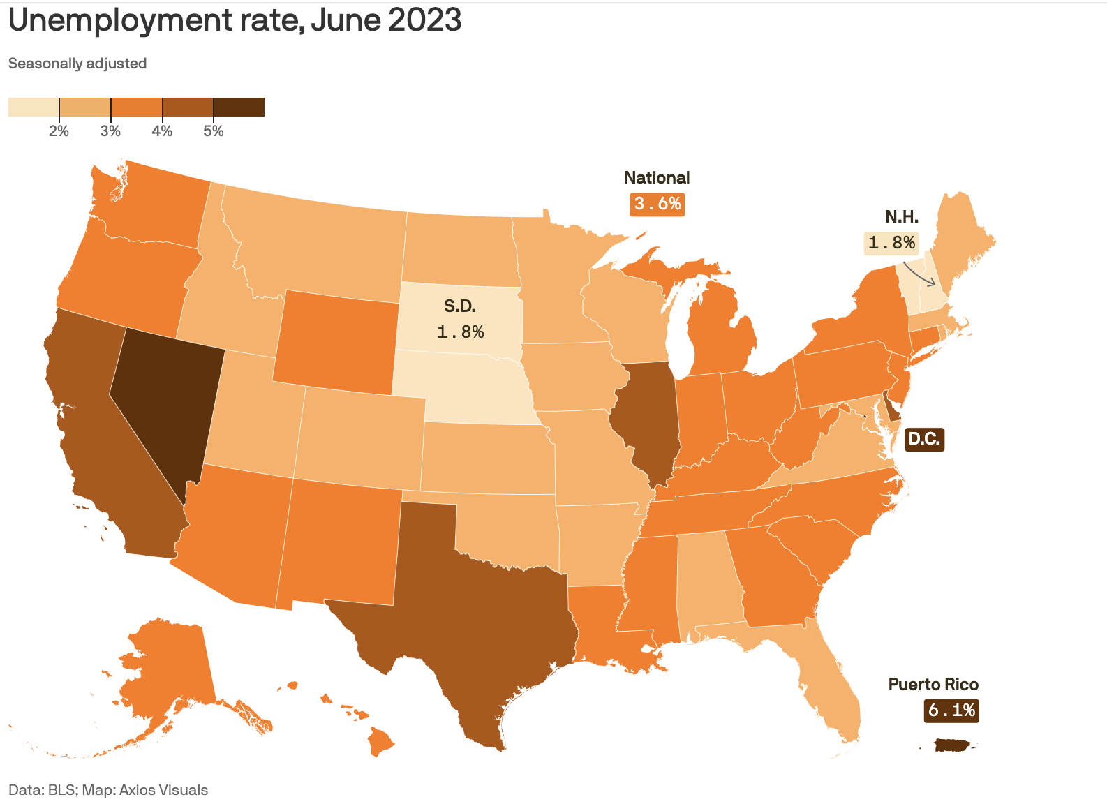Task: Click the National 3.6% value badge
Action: click(657, 204)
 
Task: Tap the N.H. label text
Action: click(901, 216)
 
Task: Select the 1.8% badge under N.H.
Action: click(891, 243)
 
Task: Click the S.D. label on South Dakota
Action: click(459, 306)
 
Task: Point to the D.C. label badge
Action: click(924, 439)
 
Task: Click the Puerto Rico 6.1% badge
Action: click(951, 710)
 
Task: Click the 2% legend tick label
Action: click(59, 131)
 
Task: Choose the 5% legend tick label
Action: click(214, 131)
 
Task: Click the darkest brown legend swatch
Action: click(239, 107)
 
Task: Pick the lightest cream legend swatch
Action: click(34, 107)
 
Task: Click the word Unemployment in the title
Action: click(120, 21)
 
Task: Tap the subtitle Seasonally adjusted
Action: click(77, 64)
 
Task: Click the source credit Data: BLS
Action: click(43, 789)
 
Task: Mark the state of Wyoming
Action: click(336, 342)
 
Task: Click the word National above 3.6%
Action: click(657, 178)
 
